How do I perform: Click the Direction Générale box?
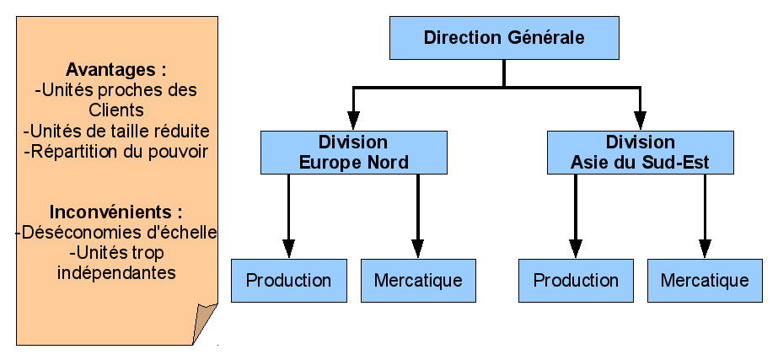point(504,38)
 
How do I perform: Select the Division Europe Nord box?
point(353,152)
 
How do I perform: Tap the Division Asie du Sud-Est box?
point(640,152)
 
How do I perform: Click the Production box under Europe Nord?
point(288,280)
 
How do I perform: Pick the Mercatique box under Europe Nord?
point(418,280)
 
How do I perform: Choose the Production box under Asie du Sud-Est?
point(576,280)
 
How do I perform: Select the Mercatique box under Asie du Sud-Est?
point(705,280)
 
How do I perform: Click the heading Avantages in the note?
point(116,69)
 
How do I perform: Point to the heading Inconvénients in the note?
point(116,212)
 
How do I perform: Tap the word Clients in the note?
point(116,110)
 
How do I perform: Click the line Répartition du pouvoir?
point(116,152)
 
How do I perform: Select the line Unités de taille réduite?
point(116,132)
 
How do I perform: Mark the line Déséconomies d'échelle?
point(117,232)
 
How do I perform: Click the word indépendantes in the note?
point(116,272)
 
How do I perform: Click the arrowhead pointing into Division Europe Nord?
point(353,121)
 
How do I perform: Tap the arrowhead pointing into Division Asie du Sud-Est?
point(640,121)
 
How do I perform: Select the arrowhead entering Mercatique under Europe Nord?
point(418,249)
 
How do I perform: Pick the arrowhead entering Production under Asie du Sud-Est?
point(576,249)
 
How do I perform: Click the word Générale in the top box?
point(545,38)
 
